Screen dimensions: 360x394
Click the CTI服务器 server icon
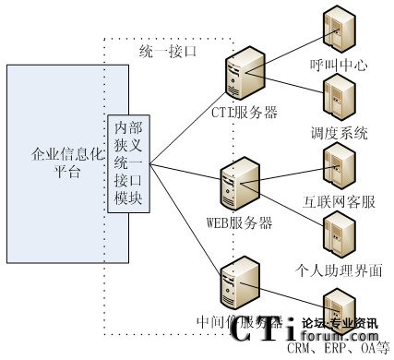(x=243, y=75)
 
